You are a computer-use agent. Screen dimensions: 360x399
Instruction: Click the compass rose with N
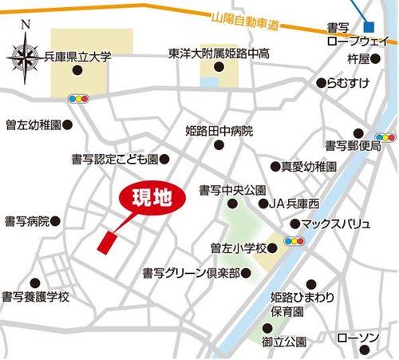pyautogui.click(x=25, y=57)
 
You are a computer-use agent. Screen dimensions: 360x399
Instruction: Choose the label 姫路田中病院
pyautogui.click(x=219, y=129)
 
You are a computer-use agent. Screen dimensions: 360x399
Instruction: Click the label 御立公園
pyautogui.click(x=283, y=342)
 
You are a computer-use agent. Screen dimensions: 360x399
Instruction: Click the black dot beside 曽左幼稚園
pyautogui.click(x=68, y=125)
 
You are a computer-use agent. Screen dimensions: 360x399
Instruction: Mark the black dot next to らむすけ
pyautogui.click(x=322, y=82)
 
